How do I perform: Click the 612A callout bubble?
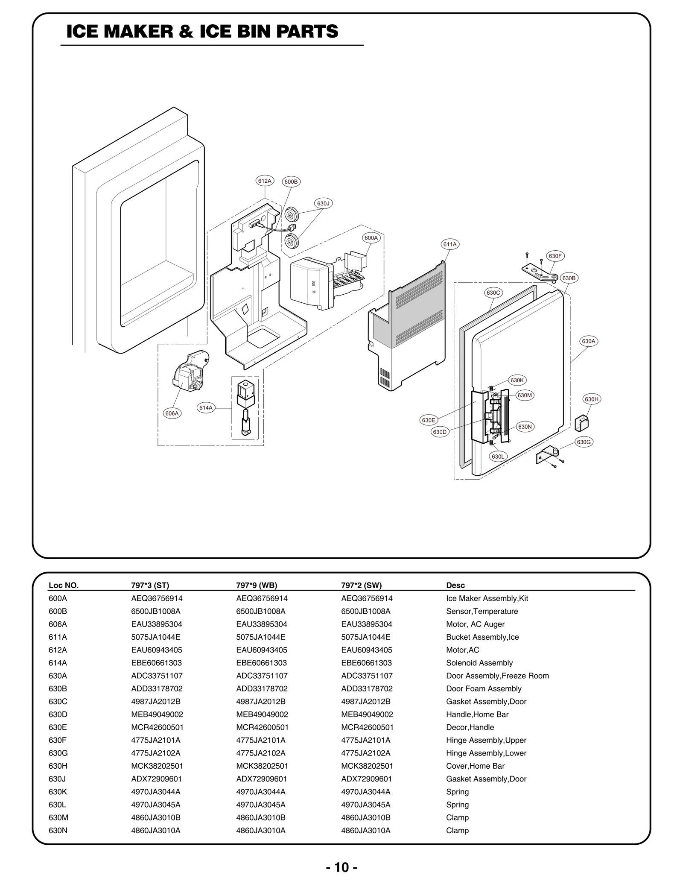[265, 181]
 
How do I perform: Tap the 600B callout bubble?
[291, 182]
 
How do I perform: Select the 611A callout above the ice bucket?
[450, 244]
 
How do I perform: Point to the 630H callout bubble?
[592, 399]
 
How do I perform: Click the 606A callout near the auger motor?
[172, 413]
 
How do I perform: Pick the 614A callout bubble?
[206, 408]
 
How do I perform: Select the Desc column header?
[455, 586]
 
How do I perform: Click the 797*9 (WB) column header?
[257, 586]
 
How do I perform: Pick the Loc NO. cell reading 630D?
[58, 714]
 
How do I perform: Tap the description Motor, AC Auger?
[475, 624]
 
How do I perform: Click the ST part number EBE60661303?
[156, 663]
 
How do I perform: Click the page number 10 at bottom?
[341, 867]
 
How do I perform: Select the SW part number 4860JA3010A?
[365, 831]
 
